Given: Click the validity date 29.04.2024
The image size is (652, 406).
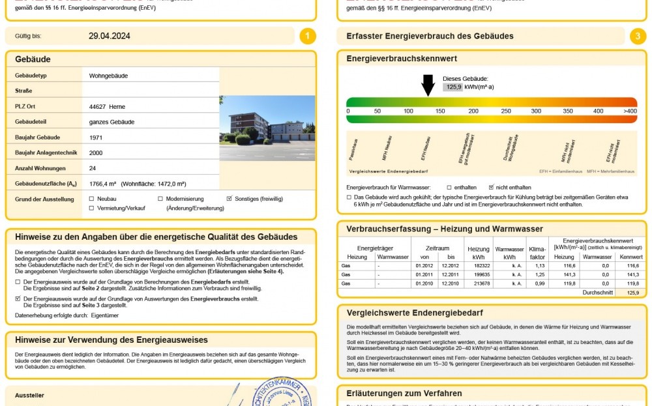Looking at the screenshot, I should [110, 36].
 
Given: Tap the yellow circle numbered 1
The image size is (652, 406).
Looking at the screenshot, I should [308, 36].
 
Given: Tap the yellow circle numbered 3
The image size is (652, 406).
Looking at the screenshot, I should [638, 36].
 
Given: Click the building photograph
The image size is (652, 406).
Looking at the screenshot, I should [267, 128].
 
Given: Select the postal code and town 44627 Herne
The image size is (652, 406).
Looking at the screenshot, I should [107, 106].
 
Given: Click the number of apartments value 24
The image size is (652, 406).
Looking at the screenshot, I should [93, 168].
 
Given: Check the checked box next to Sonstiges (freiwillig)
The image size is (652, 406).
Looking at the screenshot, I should [229, 199].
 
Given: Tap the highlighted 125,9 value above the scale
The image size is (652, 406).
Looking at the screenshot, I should [452, 87].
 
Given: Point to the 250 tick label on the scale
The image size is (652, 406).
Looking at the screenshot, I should [506, 111].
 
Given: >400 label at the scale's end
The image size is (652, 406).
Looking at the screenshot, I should [630, 111].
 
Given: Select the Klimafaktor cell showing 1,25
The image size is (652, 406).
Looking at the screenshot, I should [540, 275].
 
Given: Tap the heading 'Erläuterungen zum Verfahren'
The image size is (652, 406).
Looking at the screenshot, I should [405, 394].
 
